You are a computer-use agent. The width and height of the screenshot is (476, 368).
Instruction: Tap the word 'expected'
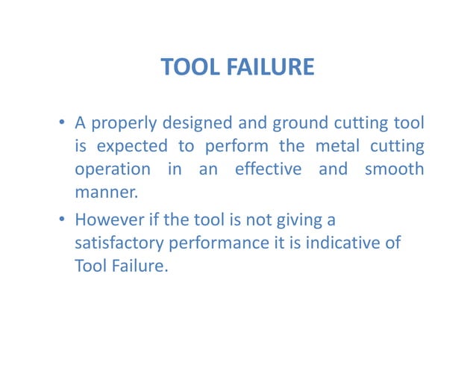(125, 146)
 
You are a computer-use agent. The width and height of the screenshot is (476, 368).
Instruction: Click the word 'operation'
(111, 170)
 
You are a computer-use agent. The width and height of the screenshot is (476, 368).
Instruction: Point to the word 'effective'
(269, 169)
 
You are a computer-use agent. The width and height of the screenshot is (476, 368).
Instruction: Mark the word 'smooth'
(394, 169)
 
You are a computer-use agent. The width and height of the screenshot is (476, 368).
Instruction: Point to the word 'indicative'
(348, 243)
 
